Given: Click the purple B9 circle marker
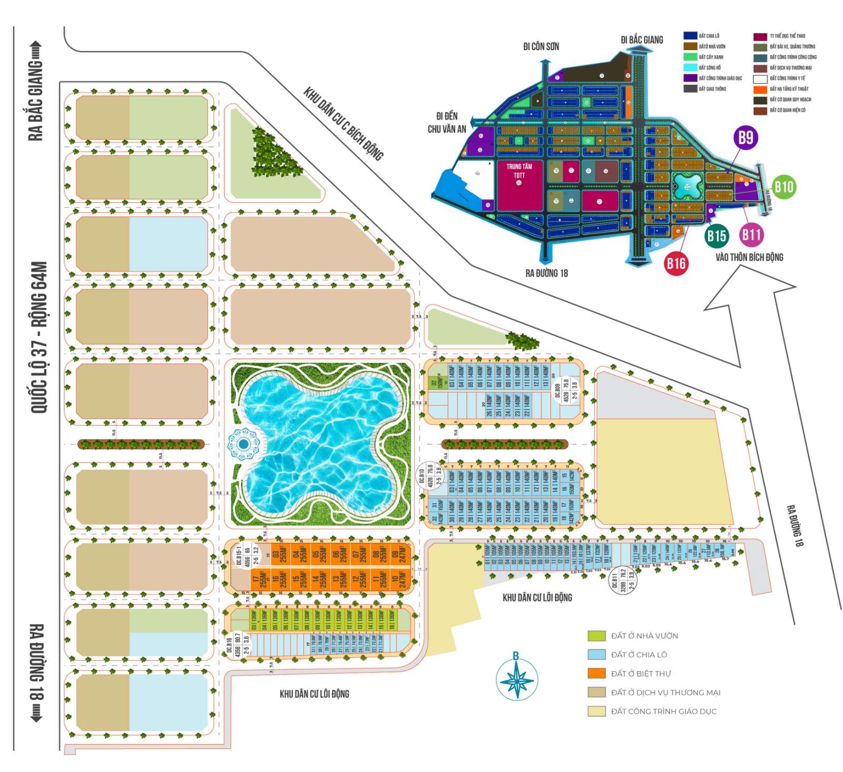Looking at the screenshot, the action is click(x=746, y=138).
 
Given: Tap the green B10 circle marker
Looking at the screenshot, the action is click(x=783, y=187).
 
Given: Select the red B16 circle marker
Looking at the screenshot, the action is click(x=676, y=263).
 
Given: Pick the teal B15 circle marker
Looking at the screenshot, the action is click(x=717, y=236).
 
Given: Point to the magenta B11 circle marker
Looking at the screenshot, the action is click(x=751, y=234).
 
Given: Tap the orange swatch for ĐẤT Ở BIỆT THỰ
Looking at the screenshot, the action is click(x=596, y=673).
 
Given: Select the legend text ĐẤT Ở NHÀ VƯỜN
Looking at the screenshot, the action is click(x=644, y=636).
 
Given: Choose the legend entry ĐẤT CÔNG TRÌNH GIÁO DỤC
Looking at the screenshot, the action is click(x=663, y=711).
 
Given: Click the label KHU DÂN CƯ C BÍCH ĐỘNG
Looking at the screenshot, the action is click(x=343, y=123).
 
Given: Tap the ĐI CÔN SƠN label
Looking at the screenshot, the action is click(x=541, y=47).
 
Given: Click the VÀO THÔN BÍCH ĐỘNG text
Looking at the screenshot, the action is click(x=749, y=258).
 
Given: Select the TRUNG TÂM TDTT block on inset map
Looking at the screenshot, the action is click(x=519, y=184).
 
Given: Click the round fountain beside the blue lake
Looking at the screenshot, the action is click(x=243, y=444).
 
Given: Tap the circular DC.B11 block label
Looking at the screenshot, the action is click(x=623, y=580).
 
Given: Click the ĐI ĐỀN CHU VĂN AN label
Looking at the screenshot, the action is click(x=447, y=122).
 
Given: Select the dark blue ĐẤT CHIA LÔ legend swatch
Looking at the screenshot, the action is click(x=690, y=36).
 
